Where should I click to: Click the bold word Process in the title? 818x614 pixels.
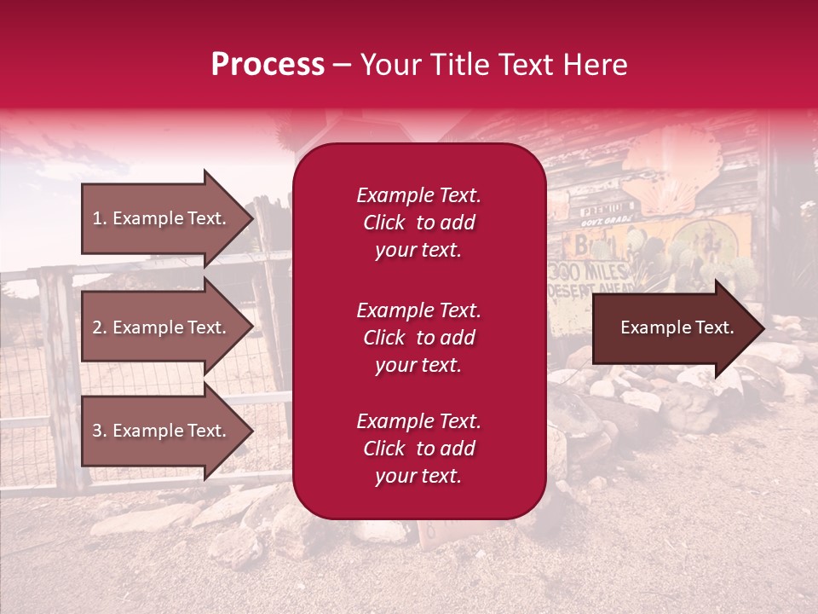[268, 65]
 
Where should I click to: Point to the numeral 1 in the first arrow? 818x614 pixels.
[96, 218]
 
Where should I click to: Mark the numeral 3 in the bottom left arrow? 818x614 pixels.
[97, 431]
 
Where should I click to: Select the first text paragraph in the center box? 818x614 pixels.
[418, 223]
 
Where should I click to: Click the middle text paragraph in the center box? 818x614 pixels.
[418, 337]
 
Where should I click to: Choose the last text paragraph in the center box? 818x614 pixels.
[418, 449]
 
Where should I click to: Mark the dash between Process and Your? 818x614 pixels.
[343, 65]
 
